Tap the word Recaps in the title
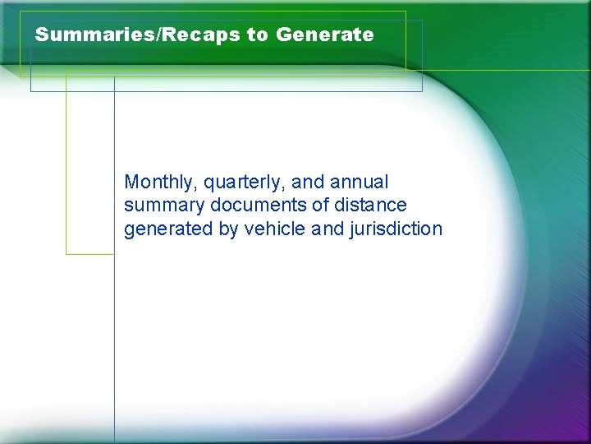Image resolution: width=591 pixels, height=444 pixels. click(200, 35)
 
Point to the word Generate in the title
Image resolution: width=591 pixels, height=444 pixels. click(325, 35)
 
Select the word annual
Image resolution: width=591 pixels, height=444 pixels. click(359, 181)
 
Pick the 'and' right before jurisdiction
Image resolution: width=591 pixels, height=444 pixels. click(329, 229)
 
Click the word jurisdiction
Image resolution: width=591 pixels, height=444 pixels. click(396, 229)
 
